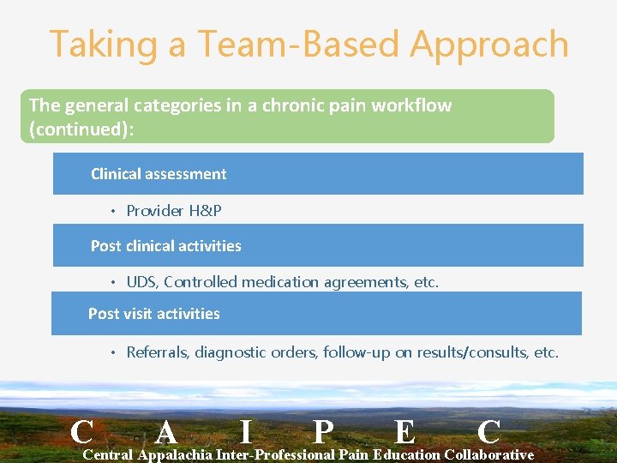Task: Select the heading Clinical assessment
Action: pyautogui.click(x=159, y=174)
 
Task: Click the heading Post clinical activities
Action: pyautogui.click(x=165, y=246)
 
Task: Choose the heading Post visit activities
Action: pyautogui.click(x=153, y=314)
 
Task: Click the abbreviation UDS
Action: pyautogui.click(x=141, y=282)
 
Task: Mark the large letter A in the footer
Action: pyautogui.click(x=168, y=431)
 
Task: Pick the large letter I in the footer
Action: pyautogui.click(x=246, y=431)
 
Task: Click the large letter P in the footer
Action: pyautogui.click(x=322, y=431)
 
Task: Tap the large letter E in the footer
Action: pyautogui.click(x=404, y=431)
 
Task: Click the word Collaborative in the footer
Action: pyautogui.click(x=489, y=454)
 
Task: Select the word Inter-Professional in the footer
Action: pyautogui.click(x=276, y=454)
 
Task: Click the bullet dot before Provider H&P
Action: pyautogui.click(x=113, y=212)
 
